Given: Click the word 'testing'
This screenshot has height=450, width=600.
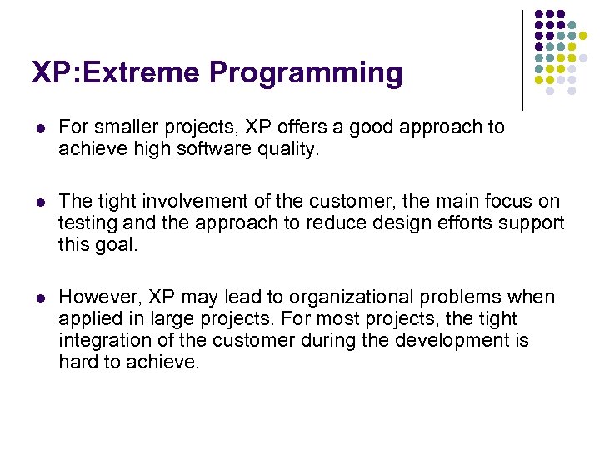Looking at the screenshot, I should pos(87,223).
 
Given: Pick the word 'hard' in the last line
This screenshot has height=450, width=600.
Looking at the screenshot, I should pos(77,362).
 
